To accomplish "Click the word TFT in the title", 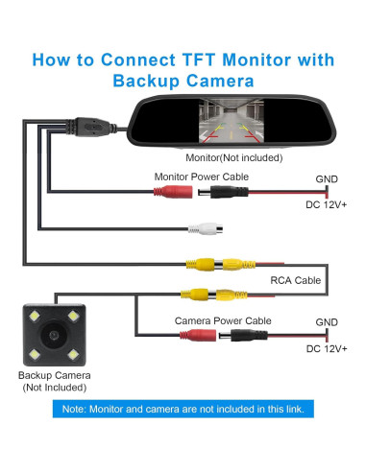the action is coord(199,59).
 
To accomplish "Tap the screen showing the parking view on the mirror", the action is coord(232,121).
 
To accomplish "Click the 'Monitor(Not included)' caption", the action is coord(234,157).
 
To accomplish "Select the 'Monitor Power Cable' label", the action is coord(202,177).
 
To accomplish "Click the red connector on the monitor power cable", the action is coord(173,192).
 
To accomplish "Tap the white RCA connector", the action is coord(206,228).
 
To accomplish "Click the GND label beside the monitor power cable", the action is coord(327,179).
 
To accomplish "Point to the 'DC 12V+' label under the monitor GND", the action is coord(327,204).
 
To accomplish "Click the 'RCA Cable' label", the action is coord(296,280).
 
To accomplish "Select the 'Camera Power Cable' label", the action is coord(223,320).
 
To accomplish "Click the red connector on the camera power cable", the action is coord(198,336).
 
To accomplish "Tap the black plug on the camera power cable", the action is coord(243,336).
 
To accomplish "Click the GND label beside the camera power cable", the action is coord(327,322).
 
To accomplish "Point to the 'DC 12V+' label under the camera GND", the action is coord(327,348).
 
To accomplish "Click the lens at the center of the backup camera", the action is coord(54,335).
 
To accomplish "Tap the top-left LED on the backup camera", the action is coord(35,317).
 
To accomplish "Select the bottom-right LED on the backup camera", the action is coord(73,354).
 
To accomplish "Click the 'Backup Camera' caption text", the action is coord(55,375).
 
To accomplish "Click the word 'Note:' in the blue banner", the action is coord(74,409).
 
